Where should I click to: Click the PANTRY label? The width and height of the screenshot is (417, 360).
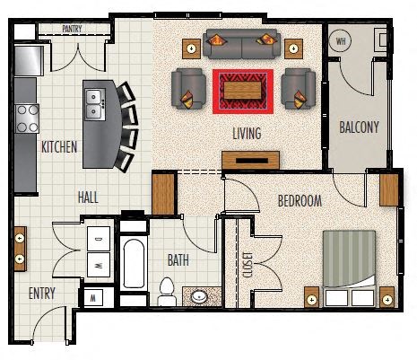72,29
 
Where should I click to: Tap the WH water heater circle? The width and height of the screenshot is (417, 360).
341,40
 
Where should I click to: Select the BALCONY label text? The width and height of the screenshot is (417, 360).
359,127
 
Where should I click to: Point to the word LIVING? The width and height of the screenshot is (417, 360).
247,133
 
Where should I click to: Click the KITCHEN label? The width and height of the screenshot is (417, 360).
59,147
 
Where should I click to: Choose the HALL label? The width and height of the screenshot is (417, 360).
88,198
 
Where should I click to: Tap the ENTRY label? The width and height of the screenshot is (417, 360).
42,294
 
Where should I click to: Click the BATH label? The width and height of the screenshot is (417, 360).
178,260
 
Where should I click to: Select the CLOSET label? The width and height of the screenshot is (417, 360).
248,265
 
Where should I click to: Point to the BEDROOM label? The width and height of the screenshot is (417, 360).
300,201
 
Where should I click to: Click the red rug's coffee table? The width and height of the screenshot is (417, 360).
243,91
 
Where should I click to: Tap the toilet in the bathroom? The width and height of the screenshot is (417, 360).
167,292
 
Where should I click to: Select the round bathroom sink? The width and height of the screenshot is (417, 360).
200,297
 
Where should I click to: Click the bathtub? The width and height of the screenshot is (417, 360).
134,263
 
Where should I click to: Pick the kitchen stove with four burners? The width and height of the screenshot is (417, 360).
27,119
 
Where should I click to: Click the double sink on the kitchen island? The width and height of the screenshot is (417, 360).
95,104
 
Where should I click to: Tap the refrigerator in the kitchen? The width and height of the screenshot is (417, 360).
29,61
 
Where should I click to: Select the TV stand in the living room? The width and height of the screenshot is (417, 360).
251,160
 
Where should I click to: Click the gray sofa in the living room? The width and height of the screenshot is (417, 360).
241,44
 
